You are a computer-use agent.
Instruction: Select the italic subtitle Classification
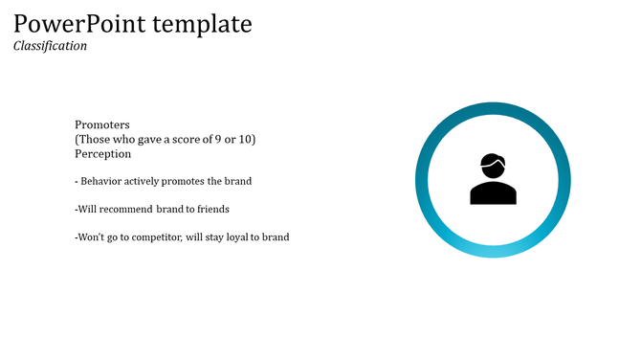pyautogui.click(x=50, y=45)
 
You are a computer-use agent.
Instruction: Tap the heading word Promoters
pyautogui.click(x=101, y=125)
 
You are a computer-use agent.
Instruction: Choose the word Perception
pyautogui.click(x=102, y=153)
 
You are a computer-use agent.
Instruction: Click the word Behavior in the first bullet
pyautogui.click(x=102, y=181)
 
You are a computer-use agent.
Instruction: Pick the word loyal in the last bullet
pyautogui.click(x=236, y=237)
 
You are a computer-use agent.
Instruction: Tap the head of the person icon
pyautogui.click(x=493, y=166)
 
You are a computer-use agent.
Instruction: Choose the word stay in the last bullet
pyautogui.click(x=213, y=237)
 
